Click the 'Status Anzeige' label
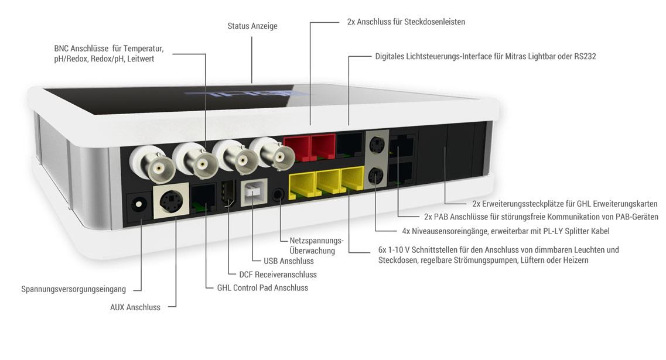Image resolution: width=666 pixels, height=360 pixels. (x=252, y=26)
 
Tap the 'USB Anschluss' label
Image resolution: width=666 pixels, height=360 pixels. (x=289, y=261)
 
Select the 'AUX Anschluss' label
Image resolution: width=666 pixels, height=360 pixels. (x=135, y=307)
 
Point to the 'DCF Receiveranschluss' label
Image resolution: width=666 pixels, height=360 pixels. (x=278, y=275)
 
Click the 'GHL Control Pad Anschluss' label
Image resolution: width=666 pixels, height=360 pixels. (x=262, y=288)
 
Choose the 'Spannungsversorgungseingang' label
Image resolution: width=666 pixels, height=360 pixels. (x=73, y=289)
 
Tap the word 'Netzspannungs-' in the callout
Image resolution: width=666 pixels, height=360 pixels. (x=316, y=241)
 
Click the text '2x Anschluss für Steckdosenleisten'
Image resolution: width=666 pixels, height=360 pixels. (x=406, y=22)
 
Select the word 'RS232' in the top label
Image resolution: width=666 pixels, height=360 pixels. (x=585, y=56)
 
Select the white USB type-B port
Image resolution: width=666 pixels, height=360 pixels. (x=254, y=193)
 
